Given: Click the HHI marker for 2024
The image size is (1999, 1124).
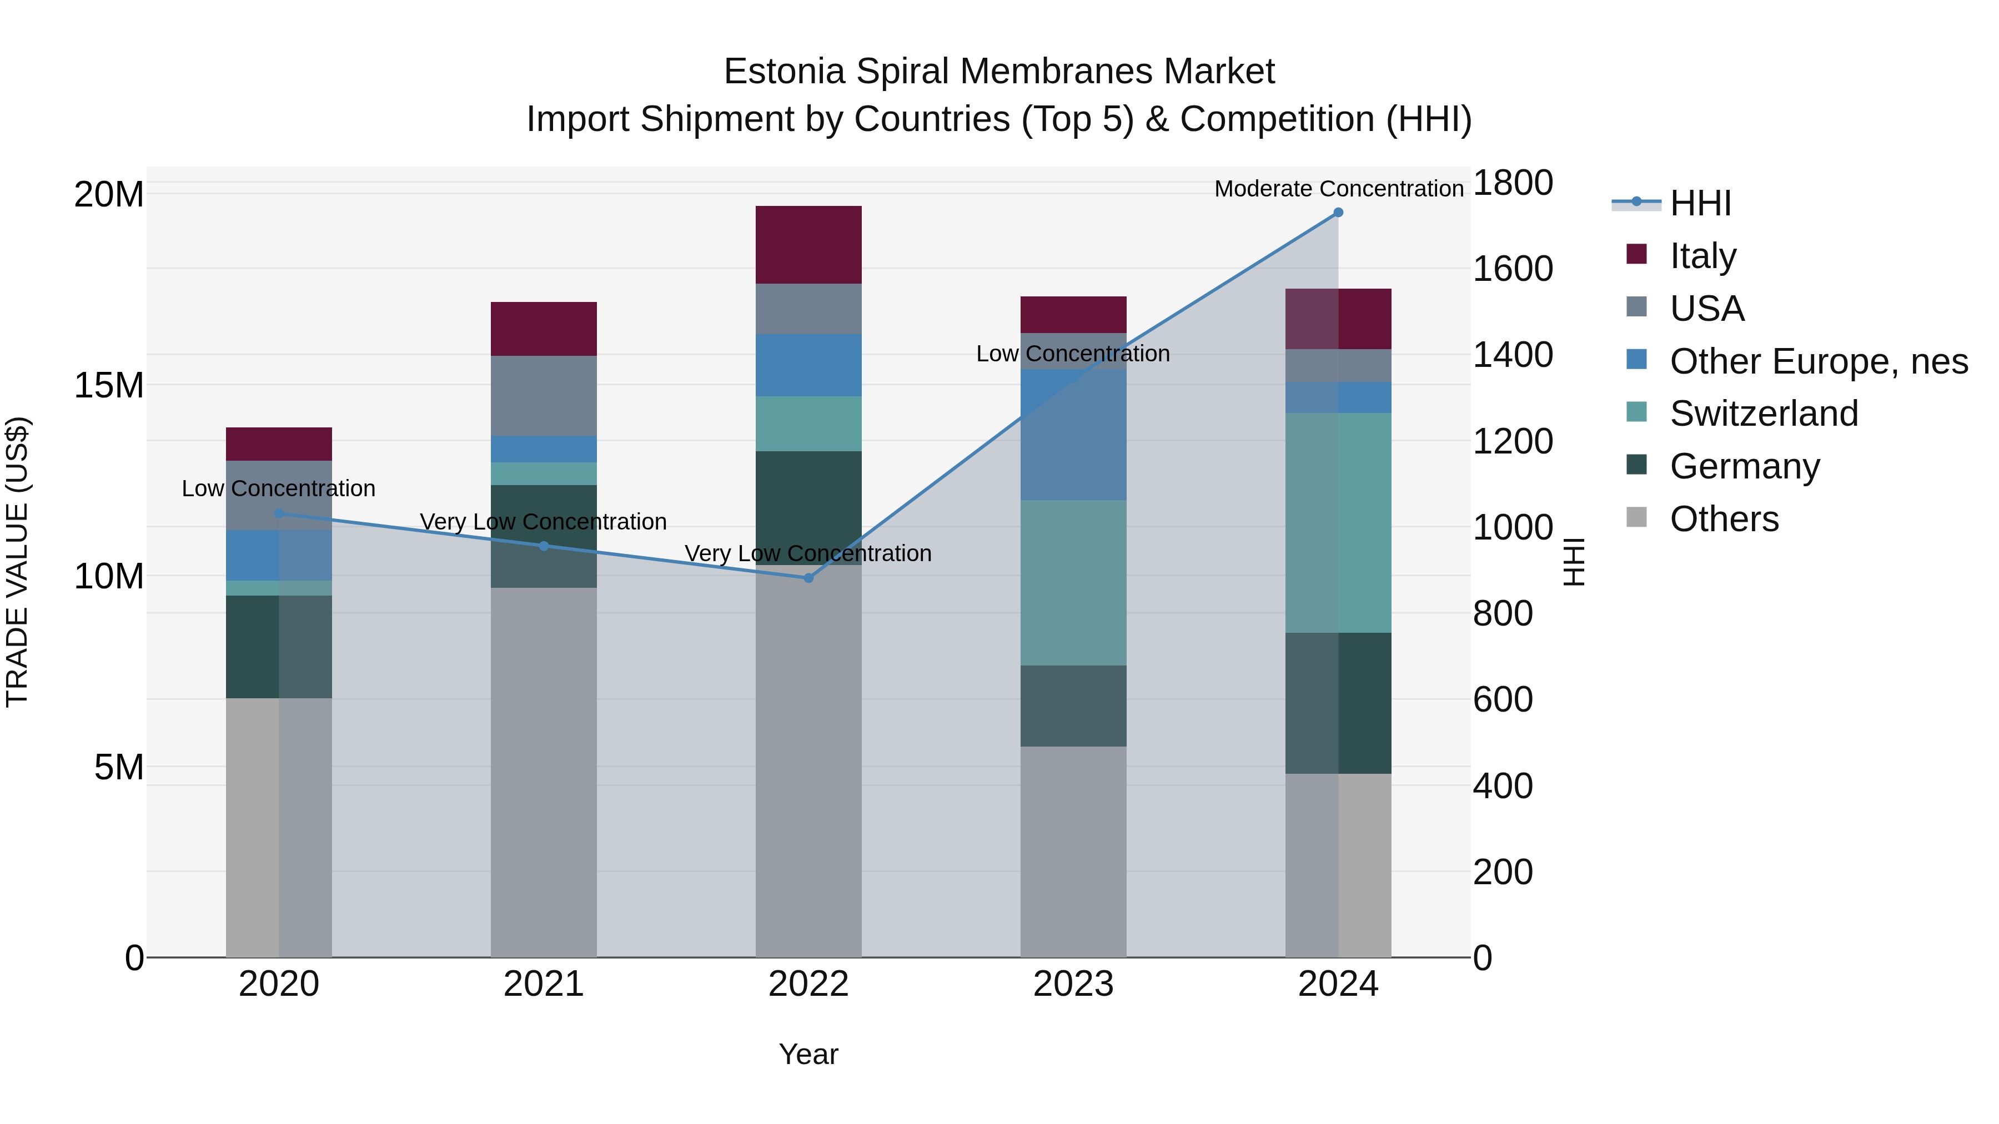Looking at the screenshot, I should tap(1338, 213).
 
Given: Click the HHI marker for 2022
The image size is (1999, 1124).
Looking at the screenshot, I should tap(808, 578).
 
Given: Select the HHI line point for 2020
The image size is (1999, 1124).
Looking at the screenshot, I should tap(279, 513).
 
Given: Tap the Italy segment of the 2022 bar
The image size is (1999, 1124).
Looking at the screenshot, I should tap(808, 244).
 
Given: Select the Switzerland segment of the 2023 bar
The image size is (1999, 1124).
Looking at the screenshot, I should tap(1073, 582).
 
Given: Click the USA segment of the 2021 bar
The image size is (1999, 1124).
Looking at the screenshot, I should tap(543, 396).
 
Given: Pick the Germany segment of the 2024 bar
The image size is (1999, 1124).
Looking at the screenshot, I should tap(1338, 703).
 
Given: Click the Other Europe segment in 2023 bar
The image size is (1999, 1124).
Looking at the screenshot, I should tap(1073, 435).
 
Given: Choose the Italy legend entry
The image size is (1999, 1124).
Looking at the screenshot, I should tap(1702, 255).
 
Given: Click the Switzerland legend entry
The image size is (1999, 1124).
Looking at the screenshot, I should tap(1763, 414).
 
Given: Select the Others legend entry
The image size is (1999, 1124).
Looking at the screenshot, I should tap(1724, 519).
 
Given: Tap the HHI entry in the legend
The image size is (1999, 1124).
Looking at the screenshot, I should tap(1700, 203).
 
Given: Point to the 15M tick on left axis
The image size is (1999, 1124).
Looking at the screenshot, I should tap(109, 385).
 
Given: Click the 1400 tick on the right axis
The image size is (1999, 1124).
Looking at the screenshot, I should tap(1513, 355).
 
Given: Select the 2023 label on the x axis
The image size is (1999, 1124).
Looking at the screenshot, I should tap(1073, 984).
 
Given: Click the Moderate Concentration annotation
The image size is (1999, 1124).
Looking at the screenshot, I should tap(1338, 189).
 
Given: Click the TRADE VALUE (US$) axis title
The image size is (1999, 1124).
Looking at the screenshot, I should tap(17, 562).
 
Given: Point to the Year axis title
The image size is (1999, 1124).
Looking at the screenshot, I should tap(808, 1054).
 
